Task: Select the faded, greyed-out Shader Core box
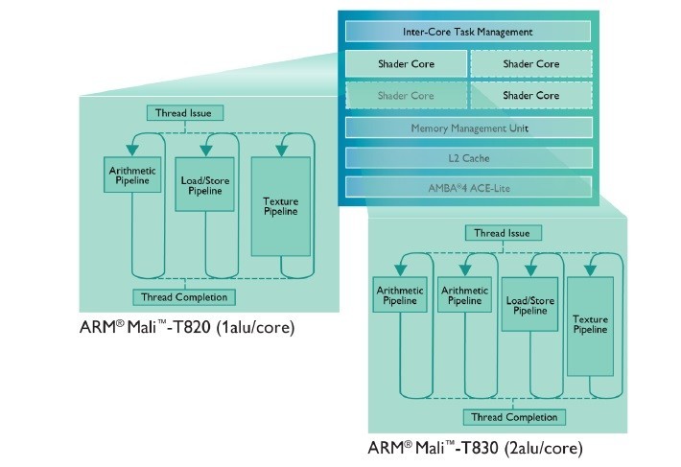click(404, 95)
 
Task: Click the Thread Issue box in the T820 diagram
click(185, 113)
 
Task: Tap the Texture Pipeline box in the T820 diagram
click(280, 205)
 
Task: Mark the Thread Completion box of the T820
click(185, 296)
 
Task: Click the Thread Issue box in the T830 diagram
click(504, 233)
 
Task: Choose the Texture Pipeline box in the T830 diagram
click(590, 325)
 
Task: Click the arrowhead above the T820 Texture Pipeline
click(280, 149)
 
